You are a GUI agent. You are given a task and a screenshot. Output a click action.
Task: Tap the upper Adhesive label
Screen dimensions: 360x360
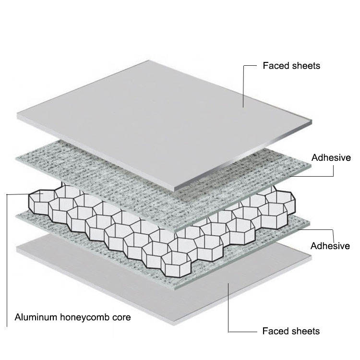click(x=331, y=158)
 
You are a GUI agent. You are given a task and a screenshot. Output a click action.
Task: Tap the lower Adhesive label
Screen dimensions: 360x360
click(x=330, y=246)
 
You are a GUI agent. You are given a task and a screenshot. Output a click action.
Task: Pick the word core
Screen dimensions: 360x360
click(x=121, y=318)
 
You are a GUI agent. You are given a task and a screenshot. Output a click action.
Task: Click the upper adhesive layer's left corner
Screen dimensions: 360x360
click(x=16, y=158)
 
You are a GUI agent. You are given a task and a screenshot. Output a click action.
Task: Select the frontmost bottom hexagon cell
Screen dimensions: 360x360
click(x=176, y=264)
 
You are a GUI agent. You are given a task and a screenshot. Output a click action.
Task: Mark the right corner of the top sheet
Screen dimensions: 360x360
click(x=312, y=120)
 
